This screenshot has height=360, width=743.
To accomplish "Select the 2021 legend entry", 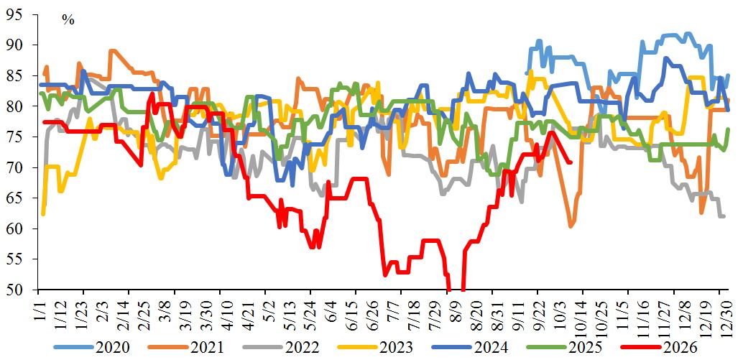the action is [x=186, y=348].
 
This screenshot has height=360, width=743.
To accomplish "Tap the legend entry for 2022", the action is [x=280, y=348].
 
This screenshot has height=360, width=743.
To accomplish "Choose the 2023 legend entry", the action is [x=375, y=348].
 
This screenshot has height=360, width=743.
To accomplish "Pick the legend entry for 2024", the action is [x=470, y=348].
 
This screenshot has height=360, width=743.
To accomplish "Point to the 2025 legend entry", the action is [x=565, y=348].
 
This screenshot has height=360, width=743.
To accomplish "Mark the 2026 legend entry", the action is [x=660, y=348].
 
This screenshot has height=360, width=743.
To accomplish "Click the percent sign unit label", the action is [x=69, y=20].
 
